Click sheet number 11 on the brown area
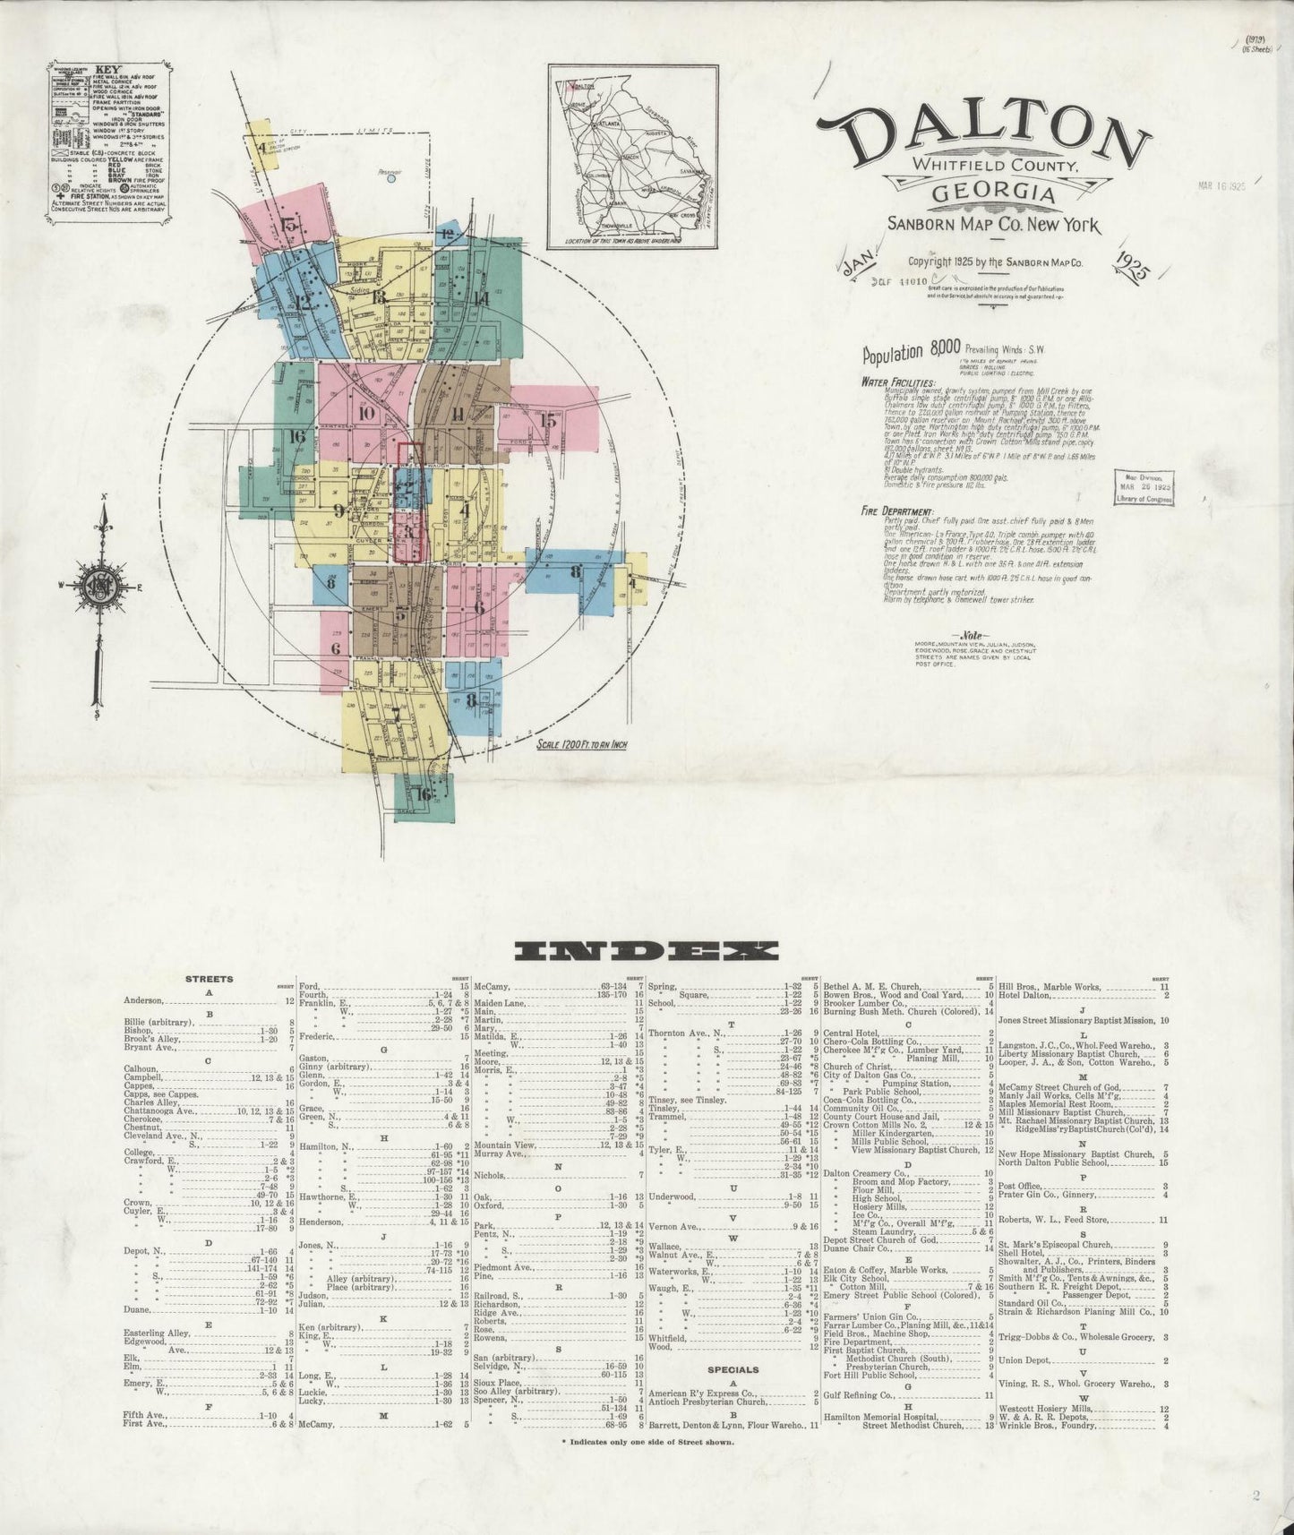coord(458,413)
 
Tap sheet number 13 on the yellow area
coord(380,296)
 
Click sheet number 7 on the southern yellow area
coord(394,714)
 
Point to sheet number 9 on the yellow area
coord(338,511)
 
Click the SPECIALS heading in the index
coord(733,1394)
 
